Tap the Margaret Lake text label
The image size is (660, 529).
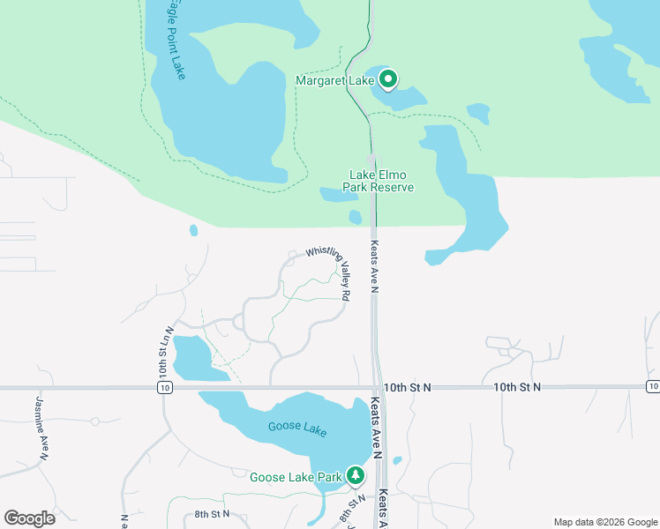(335, 81)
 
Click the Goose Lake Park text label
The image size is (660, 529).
(296, 477)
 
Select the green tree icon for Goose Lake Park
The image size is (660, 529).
(356, 476)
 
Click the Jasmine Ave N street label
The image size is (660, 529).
(40, 428)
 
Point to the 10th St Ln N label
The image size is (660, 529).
(164, 350)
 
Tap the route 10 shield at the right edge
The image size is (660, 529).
(652, 386)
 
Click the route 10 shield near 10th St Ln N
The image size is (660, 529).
(166, 387)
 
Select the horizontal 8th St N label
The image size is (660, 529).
(212, 513)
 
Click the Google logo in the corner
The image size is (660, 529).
(29, 518)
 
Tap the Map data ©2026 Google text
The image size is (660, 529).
(605, 522)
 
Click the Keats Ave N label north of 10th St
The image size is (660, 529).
(374, 266)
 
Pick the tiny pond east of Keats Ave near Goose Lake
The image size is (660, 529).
(397, 460)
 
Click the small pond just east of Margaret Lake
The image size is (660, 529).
(478, 113)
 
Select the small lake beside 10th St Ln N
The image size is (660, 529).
(191, 357)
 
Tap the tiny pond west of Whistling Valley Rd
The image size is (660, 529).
(193, 231)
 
